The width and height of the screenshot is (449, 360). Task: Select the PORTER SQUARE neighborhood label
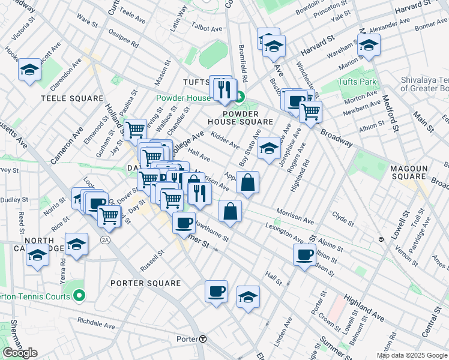click(x=146, y=283)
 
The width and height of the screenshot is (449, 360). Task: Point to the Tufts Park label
click(x=356, y=81)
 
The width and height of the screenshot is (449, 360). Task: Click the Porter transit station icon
click(x=203, y=339)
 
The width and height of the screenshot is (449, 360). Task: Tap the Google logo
click(x=20, y=353)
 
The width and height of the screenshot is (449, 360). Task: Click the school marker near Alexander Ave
click(x=368, y=46)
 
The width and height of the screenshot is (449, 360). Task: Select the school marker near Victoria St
click(x=29, y=70)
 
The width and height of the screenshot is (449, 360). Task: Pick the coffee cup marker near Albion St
click(x=305, y=254)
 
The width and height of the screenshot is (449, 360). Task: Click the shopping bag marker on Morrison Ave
click(x=247, y=182)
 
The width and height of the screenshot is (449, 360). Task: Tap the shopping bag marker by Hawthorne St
click(x=230, y=211)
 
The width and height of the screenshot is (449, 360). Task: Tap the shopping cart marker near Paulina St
click(x=135, y=128)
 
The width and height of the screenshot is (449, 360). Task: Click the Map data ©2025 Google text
click(x=412, y=355)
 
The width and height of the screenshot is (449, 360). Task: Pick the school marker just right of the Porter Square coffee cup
click(x=248, y=297)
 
